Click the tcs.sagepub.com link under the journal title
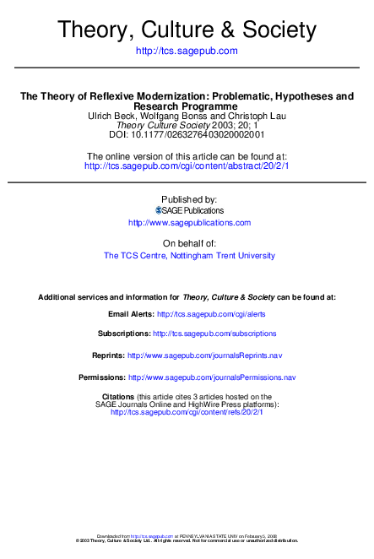pos(187,51)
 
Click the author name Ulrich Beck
pos(112,116)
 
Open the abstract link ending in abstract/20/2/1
pos(187,166)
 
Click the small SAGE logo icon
pos(158,210)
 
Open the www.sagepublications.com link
pos(189,223)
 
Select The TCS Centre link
pos(134,255)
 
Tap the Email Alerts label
pos(131,313)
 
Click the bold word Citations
pos(117,396)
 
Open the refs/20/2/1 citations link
pos(187,412)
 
